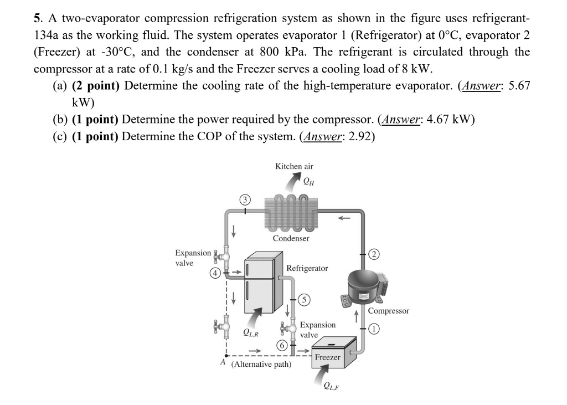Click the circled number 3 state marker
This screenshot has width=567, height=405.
pos(244,199)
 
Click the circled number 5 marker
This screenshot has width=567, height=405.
pos(304,300)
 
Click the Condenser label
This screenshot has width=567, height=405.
pos(291,238)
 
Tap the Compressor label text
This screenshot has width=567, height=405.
pos(389,311)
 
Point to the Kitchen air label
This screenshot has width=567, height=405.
pos(294,166)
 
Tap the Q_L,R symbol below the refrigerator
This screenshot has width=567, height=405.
pos(250,333)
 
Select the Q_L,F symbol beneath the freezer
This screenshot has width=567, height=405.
pos(331,386)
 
